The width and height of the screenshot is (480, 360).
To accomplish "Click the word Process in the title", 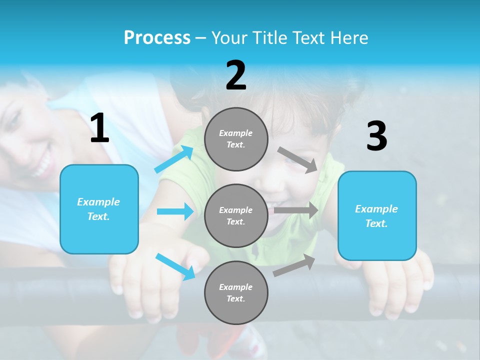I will (x=157, y=38).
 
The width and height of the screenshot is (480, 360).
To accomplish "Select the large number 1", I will (x=99, y=128).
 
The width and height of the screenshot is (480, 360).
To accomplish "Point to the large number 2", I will (x=236, y=75).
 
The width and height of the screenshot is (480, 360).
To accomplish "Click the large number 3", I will (x=376, y=136).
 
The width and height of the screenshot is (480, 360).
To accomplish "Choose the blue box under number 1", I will (x=99, y=209).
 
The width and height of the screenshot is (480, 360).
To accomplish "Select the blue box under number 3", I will (x=377, y=215).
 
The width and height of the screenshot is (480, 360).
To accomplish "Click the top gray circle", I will (x=236, y=139).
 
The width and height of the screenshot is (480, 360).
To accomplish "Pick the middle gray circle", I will (x=236, y=215).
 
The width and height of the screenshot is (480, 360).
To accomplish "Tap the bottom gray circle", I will (x=236, y=292).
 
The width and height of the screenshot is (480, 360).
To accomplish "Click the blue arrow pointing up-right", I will (x=174, y=159).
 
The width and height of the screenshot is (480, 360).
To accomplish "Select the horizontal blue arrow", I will (x=175, y=211).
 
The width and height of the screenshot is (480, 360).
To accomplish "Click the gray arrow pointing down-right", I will (x=297, y=159).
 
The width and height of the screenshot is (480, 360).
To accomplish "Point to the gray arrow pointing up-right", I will (x=294, y=265).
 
